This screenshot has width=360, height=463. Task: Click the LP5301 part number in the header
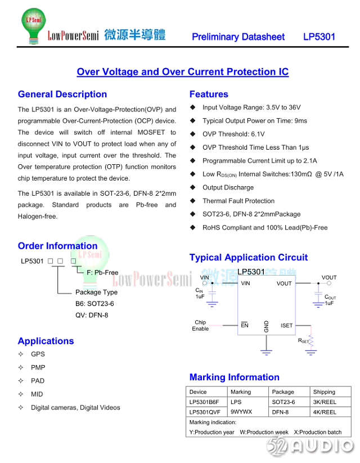(x=319, y=37)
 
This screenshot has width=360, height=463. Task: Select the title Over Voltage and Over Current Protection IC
(x=182, y=72)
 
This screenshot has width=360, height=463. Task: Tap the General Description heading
(x=62, y=95)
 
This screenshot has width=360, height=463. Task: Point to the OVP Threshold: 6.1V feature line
(x=233, y=134)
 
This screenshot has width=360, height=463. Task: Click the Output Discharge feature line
(x=228, y=188)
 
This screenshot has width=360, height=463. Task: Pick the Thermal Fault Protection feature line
(x=238, y=201)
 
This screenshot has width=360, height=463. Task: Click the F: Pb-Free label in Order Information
(x=102, y=273)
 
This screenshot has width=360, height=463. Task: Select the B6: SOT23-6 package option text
(x=94, y=304)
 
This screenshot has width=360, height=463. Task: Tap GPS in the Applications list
(x=38, y=354)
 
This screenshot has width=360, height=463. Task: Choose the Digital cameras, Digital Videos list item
(x=75, y=408)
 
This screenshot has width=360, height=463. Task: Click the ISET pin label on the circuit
(x=286, y=326)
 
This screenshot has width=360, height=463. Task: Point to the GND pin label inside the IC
(x=267, y=326)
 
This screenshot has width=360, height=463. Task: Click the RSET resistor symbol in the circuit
(x=311, y=340)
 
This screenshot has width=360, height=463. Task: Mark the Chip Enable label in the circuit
(x=200, y=326)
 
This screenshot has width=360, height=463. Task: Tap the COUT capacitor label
(x=330, y=297)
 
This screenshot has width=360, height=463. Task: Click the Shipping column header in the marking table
(x=324, y=392)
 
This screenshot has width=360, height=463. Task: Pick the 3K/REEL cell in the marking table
(x=325, y=402)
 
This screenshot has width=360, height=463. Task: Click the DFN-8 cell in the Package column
(x=281, y=412)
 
